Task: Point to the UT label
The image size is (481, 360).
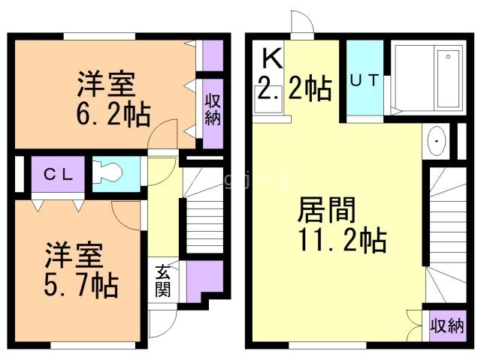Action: [x=365, y=81]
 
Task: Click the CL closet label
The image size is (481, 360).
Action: [x=58, y=175]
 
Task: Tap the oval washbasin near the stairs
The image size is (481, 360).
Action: [x=435, y=142]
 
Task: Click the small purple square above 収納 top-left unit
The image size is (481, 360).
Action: [x=213, y=53]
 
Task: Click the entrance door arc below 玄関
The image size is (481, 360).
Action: [x=161, y=324]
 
